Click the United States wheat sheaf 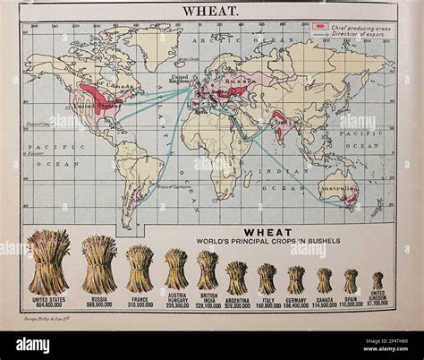(x=48, y=262)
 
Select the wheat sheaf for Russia (x=99, y=265)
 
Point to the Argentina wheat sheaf (x=237, y=278)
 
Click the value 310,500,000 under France (x=140, y=305)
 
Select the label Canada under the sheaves (x=324, y=299)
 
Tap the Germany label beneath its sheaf (x=295, y=299)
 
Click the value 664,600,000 (x=48, y=305)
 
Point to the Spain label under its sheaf (x=351, y=299)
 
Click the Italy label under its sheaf (x=267, y=299)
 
